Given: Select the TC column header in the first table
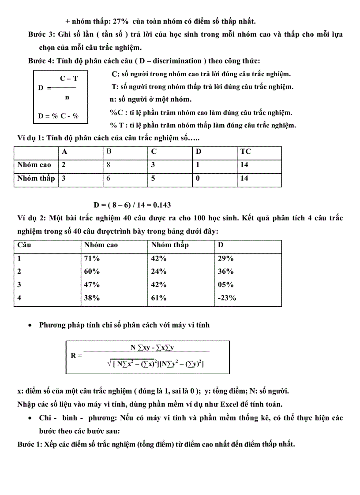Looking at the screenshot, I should [x=245, y=152].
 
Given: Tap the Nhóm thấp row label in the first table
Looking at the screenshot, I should [x=36, y=179].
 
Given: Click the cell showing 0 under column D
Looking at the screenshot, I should [x=198, y=179].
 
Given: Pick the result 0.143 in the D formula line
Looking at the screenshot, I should [x=162, y=205].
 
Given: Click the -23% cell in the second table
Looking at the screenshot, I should [x=227, y=298].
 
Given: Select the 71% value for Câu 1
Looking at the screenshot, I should [x=92, y=259].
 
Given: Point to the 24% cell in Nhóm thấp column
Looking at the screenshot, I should [x=159, y=272].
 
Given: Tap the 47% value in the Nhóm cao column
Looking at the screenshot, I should [x=92, y=285].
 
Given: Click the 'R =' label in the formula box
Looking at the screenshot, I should [x=76, y=355].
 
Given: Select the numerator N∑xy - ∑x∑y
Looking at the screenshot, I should [x=152, y=348].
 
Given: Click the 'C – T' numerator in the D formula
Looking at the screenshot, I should [x=69, y=78].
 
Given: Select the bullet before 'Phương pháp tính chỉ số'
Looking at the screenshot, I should [x=30, y=325].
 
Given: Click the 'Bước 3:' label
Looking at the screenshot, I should [x=41, y=34].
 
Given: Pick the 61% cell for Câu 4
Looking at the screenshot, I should [x=159, y=298].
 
